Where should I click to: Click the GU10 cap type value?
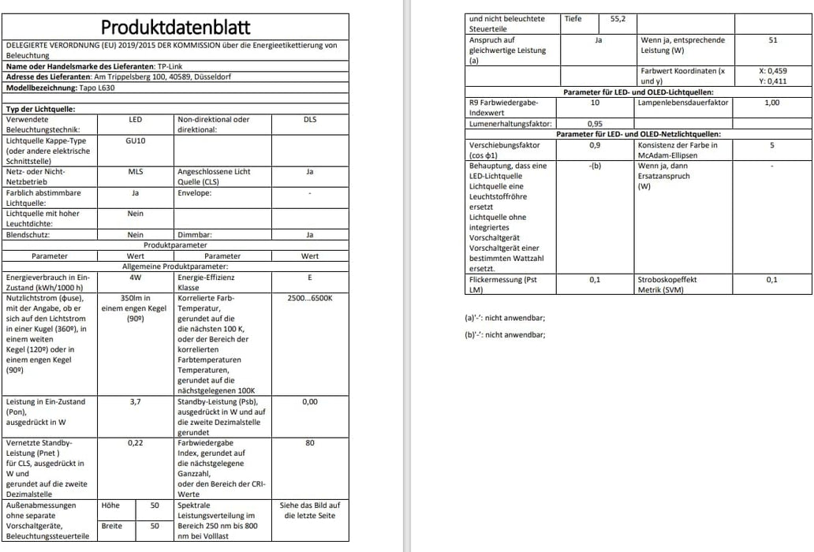pos(135,140)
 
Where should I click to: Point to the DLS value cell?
pos(310,120)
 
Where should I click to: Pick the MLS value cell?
pos(135,171)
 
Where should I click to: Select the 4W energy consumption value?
pos(135,278)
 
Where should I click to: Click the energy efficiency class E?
pos(310,278)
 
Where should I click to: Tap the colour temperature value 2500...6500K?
pos(310,299)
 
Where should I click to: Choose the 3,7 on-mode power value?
pos(135,401)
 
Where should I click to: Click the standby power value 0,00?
pos(310,401)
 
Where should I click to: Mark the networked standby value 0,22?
pos(135,443)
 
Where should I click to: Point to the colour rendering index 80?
pos(310,443)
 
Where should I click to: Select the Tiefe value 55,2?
pos(618,19)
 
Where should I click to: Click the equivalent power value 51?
pos(772,39)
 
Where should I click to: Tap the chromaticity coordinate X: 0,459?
pos(772,71)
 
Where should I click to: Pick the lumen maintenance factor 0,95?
pos(595,124)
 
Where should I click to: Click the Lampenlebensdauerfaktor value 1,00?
pos(772,103)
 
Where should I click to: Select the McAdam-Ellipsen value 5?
pos(772,145)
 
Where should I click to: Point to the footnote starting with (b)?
pos(506,335)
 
